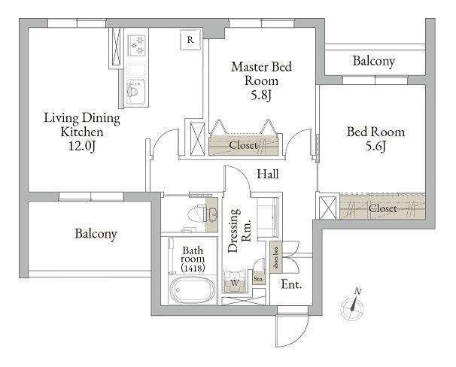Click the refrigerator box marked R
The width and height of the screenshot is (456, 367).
(190, 40)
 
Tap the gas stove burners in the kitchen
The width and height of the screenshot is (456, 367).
(136, 45)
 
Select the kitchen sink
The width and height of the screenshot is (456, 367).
(135, 92)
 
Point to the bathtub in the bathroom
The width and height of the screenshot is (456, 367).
(193, 290)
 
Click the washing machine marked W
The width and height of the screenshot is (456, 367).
(235, 282)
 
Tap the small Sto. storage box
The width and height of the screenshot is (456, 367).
(259, 279)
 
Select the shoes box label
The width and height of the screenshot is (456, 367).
(276, 257)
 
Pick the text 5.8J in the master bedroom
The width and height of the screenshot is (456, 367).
(261, 95)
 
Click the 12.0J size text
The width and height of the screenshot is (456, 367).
(82, 146)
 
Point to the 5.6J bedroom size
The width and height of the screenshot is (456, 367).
(375, 146)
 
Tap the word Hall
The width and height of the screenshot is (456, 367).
(268, 174)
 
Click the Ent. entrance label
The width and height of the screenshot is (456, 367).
(291, 284)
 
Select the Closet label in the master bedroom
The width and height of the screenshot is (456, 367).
(243, 145)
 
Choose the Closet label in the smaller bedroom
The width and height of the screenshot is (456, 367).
(383, 208)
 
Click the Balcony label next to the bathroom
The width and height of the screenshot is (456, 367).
(96, 234)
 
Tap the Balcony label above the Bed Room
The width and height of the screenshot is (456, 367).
(374, 61)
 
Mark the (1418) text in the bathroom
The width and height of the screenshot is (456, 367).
(193, 268)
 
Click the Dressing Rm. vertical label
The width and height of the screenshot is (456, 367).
(239, 231)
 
